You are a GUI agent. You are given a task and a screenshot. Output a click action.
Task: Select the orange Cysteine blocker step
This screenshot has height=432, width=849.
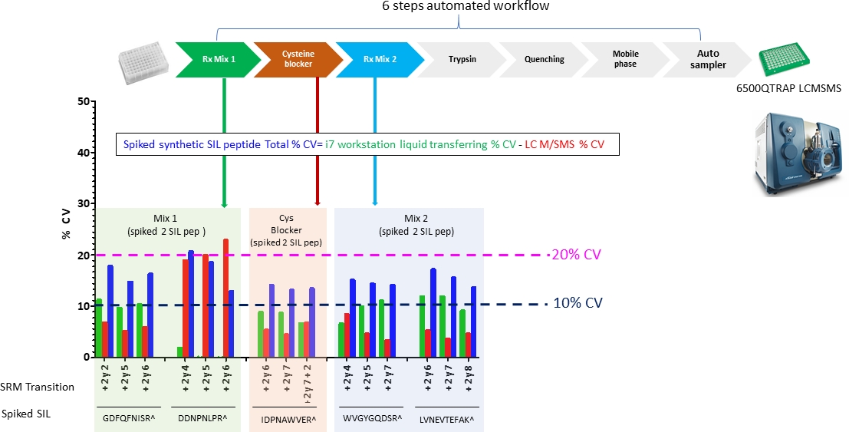click(298, 59)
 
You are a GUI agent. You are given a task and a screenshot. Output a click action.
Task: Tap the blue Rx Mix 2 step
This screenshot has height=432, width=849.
click(379, 59)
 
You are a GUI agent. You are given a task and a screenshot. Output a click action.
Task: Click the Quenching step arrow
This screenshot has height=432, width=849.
click(544, 59)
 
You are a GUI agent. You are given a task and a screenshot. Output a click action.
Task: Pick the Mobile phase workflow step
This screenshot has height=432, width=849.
click(625, 59)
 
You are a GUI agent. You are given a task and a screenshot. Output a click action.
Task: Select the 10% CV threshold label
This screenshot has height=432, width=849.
click(578, 303)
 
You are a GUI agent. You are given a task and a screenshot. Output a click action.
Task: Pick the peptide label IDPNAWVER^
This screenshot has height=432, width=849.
click(288, 419)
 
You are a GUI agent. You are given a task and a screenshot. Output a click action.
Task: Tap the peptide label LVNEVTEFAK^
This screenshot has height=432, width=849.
click(447, 419)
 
